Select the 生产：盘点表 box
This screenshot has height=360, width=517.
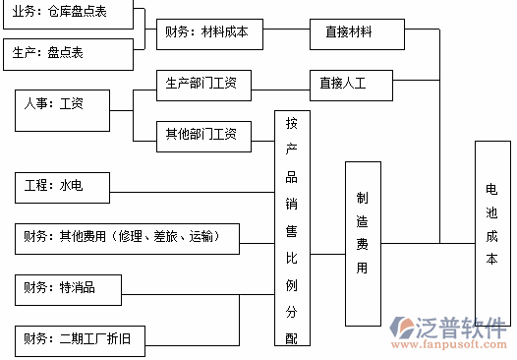(66, 53)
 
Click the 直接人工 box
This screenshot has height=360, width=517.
(349, 84)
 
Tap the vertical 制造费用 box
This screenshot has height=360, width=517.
(362, 243)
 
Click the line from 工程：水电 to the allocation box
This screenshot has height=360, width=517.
(192, 186)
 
